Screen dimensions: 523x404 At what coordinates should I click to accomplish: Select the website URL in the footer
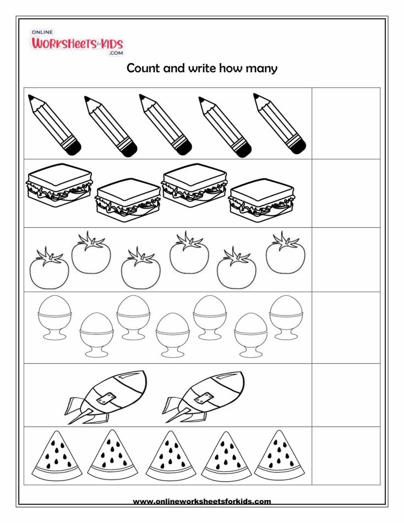(x=202, y=501)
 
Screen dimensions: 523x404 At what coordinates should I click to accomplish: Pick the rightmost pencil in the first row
(x=280, y=124)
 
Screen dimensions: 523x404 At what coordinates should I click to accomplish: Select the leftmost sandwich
(x=59, y=186)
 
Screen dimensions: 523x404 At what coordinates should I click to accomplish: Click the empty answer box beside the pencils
(x=346, y=123)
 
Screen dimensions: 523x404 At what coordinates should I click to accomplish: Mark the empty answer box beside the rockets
(x=346, y=395)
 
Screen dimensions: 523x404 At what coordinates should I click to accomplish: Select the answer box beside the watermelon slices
(x=346, y=455)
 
